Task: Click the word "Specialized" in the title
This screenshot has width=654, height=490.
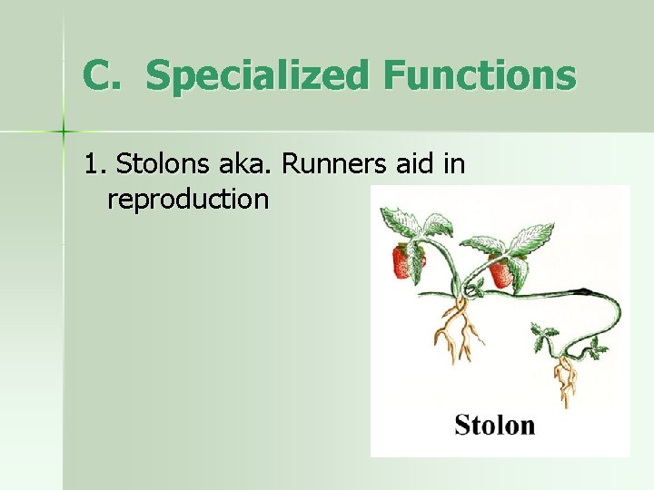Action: pos(257,76)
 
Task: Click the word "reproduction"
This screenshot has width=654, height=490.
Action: pos(188,199)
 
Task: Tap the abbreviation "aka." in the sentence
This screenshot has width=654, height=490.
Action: pos(239,164)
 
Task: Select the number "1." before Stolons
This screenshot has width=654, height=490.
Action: pos(95,164)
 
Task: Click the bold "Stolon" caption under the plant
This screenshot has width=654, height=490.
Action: pos(495,425)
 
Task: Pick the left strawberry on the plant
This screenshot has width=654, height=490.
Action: pos(404,261)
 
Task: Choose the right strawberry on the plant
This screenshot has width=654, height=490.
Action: pos(500,272)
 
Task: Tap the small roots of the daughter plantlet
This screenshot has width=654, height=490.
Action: pos(569,380)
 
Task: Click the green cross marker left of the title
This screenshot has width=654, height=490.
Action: pos(64,132)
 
